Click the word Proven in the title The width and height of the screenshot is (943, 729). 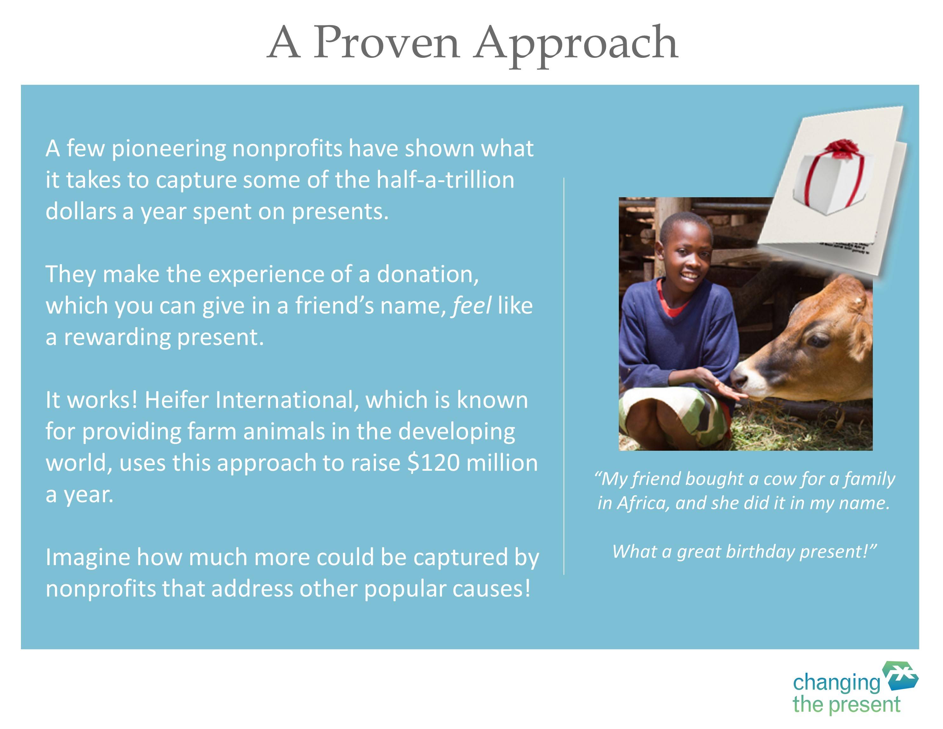386,43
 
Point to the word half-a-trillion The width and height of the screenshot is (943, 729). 445,180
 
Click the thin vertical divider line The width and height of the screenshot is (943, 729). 564,376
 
